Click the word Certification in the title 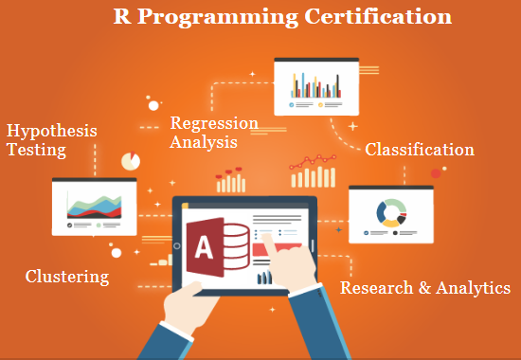(378, 16)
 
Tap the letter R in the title (122, 16)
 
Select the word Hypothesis (52, 132)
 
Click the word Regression (214, 124)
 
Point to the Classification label (420, 150)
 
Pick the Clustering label (67, 277)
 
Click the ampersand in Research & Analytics (424, 288)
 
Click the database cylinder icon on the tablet (235, 246)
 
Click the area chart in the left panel (95, 207)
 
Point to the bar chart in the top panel (316, 85)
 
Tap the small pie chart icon (131, 161)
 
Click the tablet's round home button (177, 246)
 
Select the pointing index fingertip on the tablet (266, 237)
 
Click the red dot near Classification (436, 173)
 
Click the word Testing (37, 150)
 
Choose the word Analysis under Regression (204, 142)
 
